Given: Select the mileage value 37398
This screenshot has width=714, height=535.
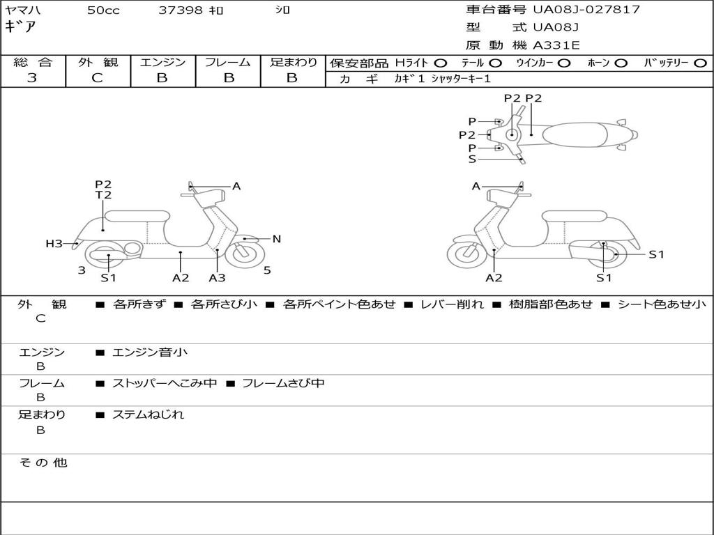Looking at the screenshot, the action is coord(180,10).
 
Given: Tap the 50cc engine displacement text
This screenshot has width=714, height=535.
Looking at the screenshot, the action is coord(102,10).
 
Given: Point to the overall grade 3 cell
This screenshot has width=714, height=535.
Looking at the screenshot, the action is coord(32,78).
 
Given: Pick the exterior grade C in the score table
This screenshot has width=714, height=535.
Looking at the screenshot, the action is coord(98,78).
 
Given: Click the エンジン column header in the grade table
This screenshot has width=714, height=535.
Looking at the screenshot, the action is coord(162,62).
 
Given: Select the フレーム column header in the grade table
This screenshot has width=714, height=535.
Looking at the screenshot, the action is coord(228,62).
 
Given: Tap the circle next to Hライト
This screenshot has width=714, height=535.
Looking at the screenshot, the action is coord(441,63).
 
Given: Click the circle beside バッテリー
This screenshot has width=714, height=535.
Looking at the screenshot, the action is coord(700,63).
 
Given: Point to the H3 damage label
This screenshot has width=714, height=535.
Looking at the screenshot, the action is coord(54,244).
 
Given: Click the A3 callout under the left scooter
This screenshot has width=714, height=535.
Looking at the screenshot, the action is coord(217,278).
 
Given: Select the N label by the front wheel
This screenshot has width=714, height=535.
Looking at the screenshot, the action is coord(276,239).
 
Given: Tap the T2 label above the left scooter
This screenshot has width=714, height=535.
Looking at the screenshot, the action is coord(103,195).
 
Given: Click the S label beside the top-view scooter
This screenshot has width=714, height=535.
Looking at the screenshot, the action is coord(472,159).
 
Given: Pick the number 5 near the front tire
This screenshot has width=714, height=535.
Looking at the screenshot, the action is coord(267,270).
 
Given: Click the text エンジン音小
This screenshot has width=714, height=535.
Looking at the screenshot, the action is coord(150,352).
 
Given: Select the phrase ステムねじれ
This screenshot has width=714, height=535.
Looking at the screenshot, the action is coord(148,414).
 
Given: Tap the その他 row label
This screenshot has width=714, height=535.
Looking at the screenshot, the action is coord(43,463).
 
